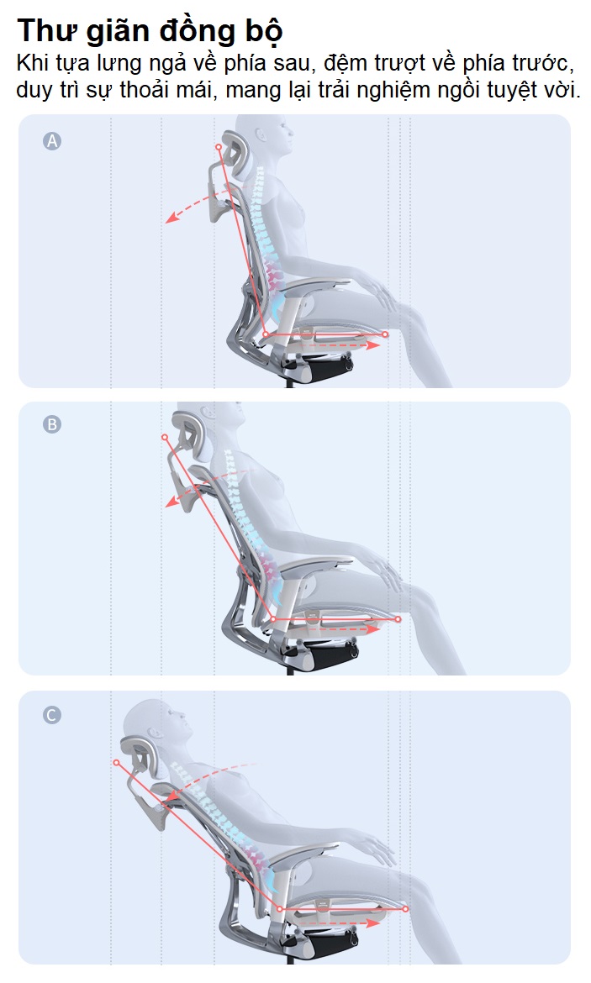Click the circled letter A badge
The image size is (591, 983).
tap(52, 141)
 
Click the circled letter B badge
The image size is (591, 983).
tap(52, 424)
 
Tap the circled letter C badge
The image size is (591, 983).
tap(52, 715)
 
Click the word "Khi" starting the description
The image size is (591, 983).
tap(31, 63)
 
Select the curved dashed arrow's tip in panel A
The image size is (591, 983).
tap(168, 220)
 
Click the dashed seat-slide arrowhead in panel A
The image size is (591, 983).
tap(375, 344)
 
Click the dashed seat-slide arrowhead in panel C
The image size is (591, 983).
tap(375, 923)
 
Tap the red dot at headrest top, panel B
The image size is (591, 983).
tap(165, 437)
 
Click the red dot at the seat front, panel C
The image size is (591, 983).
tap(405, 908)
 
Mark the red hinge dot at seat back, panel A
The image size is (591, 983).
tap(266, 334)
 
